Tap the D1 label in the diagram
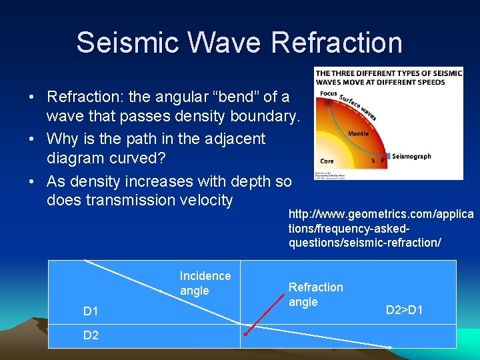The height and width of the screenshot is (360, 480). click(x=91, y=311)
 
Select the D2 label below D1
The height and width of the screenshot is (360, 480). click(x=91, y=335)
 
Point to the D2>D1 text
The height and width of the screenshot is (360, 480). click(x=405, y=310)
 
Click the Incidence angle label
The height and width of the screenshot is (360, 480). click(x=205, y=283)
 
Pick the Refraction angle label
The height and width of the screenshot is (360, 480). click(x=315, y=295)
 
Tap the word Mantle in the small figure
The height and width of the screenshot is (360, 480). click(x=357, y=133)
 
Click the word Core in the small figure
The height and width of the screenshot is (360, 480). click(x=327, y=161)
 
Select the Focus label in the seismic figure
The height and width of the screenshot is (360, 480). click(x=328, y=93)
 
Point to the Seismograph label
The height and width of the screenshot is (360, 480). click(x=411, y=157)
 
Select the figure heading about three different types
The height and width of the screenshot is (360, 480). click(x=389, y=77)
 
